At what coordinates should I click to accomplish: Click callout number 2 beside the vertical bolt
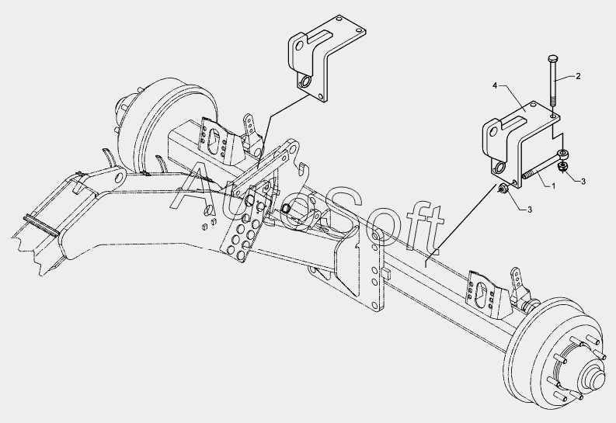point(577,76)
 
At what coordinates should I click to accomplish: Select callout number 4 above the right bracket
point(495,87)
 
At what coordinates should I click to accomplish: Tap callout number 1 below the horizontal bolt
point(553,186)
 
